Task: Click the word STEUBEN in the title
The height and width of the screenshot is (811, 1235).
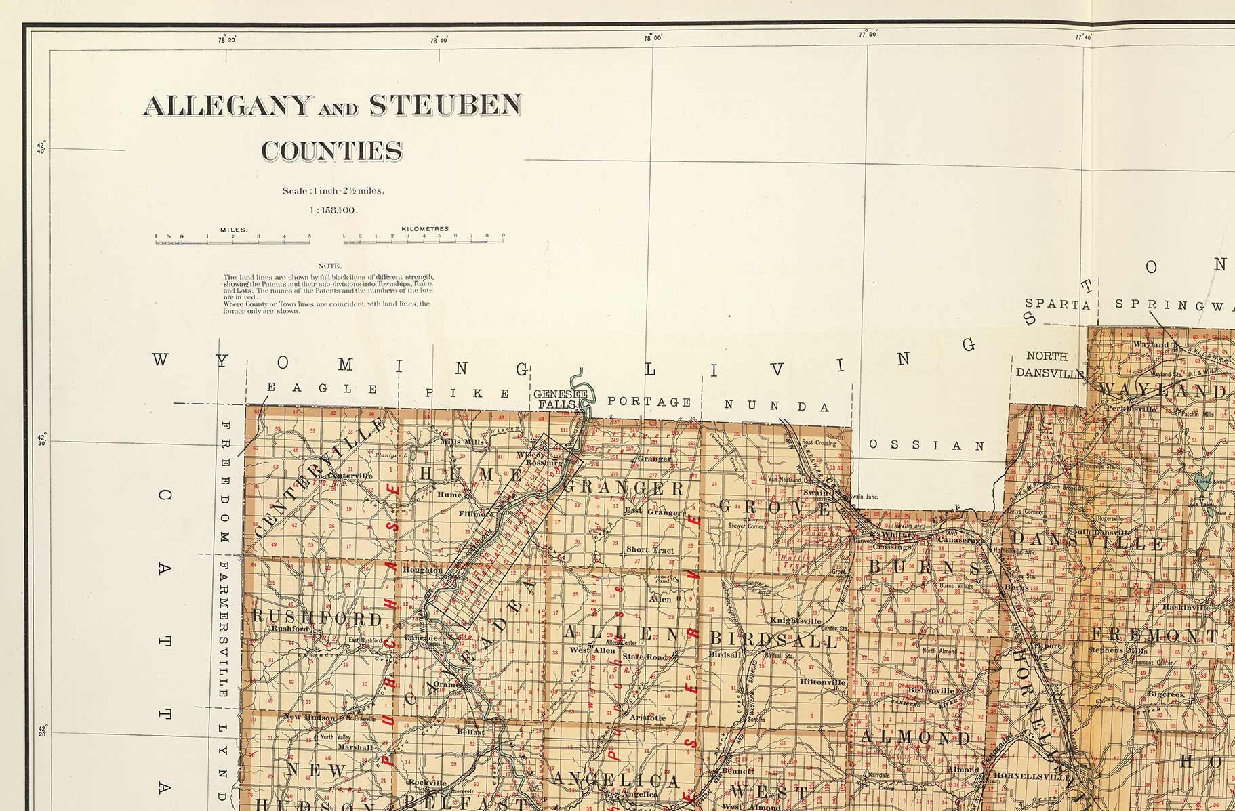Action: [445, 105]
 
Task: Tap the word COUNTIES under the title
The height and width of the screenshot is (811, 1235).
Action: [332, 151]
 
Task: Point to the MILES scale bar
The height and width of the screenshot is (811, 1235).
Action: [232, 238]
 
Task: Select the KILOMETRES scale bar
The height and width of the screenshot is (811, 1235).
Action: [424, 238]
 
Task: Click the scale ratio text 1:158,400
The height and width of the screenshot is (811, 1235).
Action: [333, 210]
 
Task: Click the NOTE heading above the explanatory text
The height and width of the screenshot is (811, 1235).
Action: [329, 266]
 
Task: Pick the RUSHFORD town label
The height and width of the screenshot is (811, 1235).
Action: [317, 618]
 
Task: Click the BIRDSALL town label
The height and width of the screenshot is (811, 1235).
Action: [773, 640]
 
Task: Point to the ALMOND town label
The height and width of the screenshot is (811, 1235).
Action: [915, 736]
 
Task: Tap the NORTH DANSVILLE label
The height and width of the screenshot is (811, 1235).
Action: [1047, 365]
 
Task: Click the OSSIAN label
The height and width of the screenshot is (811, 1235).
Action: [927, 446]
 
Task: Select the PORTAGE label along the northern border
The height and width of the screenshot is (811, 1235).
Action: [649, 402]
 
